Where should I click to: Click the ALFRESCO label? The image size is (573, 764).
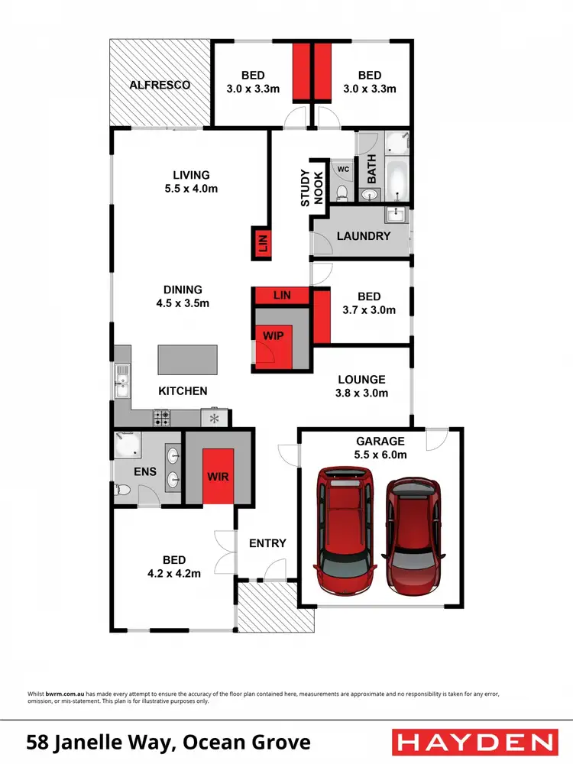click(x=159, y=85)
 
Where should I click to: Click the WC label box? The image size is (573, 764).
click(x=342, y=170)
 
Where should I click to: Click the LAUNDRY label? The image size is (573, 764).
click(x=364, y=236)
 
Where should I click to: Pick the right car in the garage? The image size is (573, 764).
click(x=413, y=536)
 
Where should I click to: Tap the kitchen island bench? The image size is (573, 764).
click(x=186, y=358)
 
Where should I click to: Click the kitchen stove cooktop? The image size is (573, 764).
click(x=163, y=417)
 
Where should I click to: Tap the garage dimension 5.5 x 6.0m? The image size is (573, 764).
click(x=380, y=455)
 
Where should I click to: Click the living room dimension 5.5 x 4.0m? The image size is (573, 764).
click(x=190, y=189)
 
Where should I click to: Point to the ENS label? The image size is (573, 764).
click(x=145, y=471)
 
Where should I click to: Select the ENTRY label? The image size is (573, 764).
click(x=267, y=543)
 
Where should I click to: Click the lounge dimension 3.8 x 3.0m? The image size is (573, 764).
click(x=362, y=393)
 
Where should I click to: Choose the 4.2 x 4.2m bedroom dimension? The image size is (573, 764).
click(x=174, y=573)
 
